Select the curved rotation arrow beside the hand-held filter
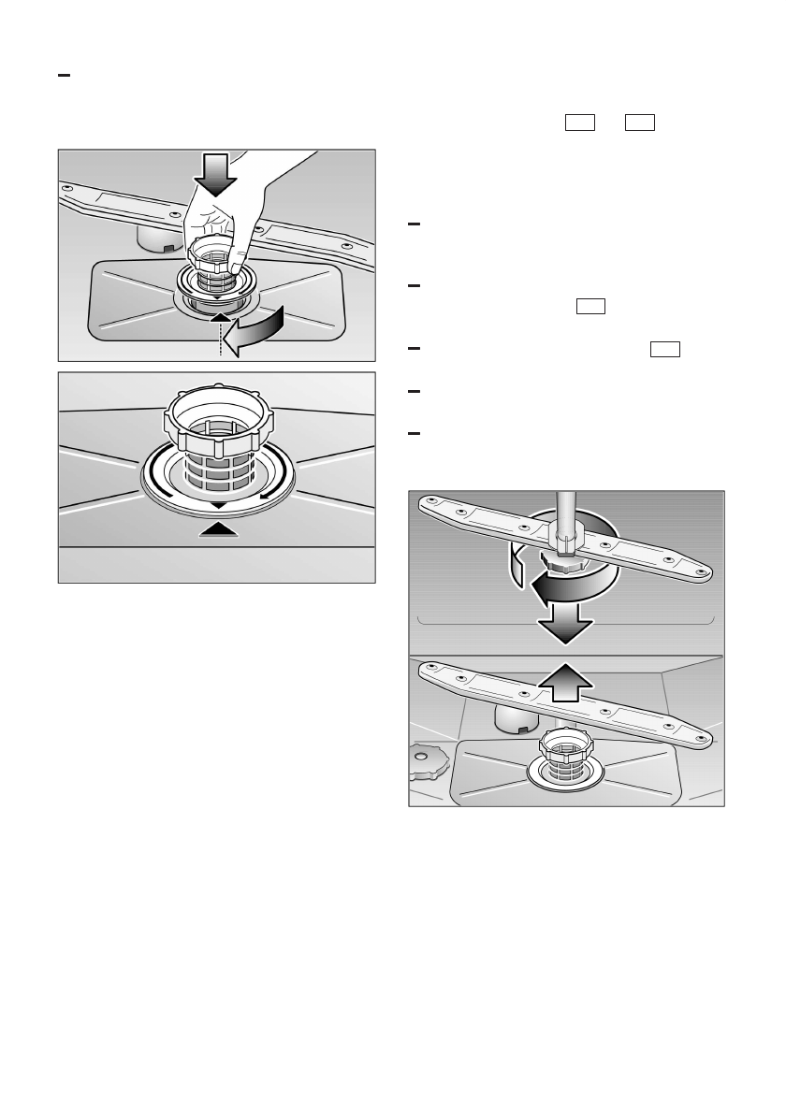pos(257,334)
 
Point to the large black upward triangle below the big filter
pos(220,529)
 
